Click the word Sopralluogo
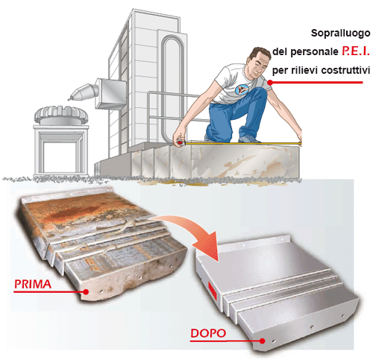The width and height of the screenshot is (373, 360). (340, 34)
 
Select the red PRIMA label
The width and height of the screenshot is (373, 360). (33, 284)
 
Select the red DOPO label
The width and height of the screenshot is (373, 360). (208, 333)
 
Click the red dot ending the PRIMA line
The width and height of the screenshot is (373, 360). (86, 291)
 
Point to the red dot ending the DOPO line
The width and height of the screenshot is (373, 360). (262, 341)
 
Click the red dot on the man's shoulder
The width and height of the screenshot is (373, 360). (270, 82)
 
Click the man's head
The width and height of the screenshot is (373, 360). (259, 62)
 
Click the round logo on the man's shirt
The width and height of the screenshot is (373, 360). (242, 89)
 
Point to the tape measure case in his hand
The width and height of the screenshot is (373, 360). (181, 143)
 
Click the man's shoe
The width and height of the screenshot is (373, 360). (248, 139)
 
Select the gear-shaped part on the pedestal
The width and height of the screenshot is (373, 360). (61, 115)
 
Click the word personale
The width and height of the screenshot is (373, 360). (314, 52)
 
